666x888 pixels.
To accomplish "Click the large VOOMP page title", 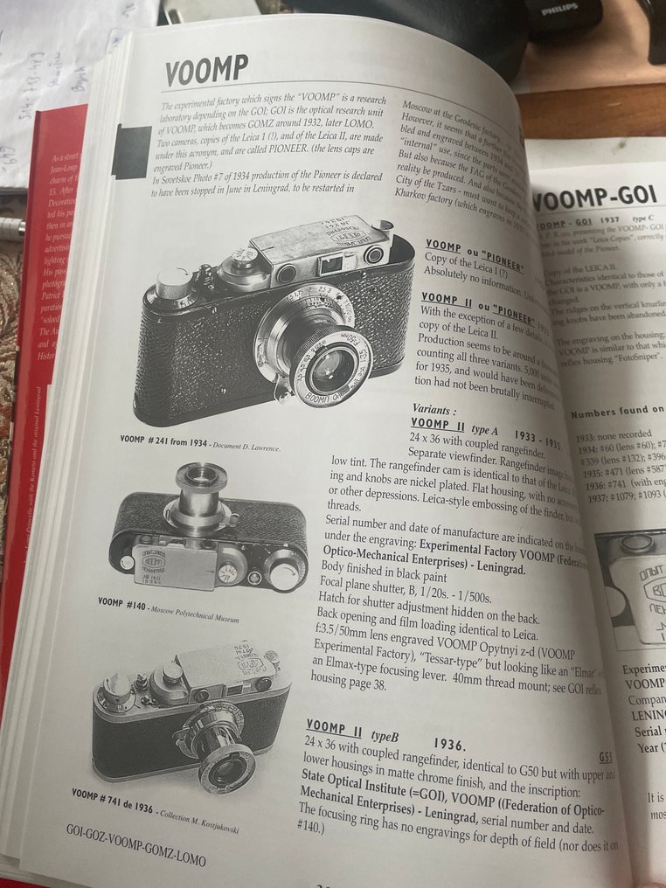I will tap(207, 70).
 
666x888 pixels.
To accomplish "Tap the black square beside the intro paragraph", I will tap(131, 152).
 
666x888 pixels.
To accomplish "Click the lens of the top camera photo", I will tap(331, 368).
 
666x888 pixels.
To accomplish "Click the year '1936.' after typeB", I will tap(448, 744).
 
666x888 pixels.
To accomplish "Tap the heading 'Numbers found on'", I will tap(617, 411).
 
